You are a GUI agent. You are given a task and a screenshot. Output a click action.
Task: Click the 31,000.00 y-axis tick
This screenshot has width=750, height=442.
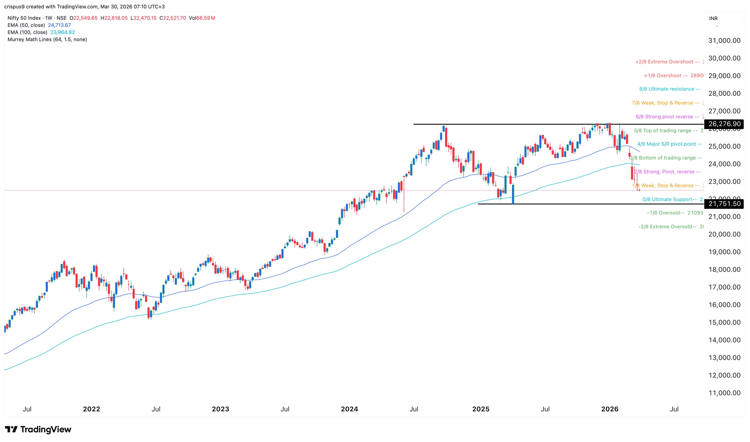(x=724, y=41)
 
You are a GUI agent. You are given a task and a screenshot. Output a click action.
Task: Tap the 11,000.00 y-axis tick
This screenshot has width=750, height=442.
(x=724, y=393)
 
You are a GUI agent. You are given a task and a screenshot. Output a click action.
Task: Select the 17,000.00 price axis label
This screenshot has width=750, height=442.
(x=724, y=287)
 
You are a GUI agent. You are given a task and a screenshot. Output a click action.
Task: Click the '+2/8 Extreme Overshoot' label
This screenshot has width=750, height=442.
(x=667, y=62)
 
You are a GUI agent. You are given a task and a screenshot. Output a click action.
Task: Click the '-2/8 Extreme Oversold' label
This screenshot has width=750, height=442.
(x=667, y=227)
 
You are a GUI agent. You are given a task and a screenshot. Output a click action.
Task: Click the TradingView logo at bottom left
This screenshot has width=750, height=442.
(x=38, y=429)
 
